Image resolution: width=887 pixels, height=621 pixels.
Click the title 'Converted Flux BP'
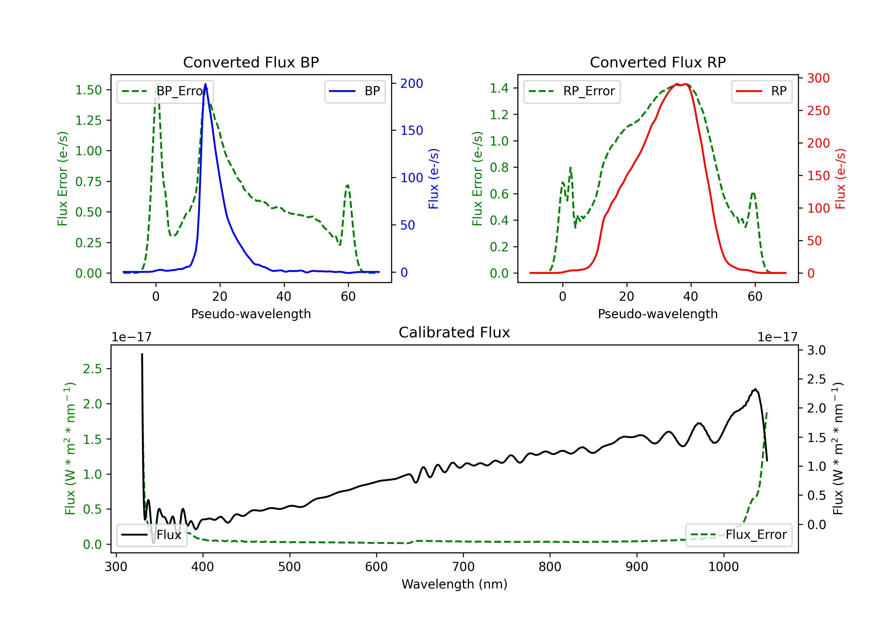(x=251, y=62)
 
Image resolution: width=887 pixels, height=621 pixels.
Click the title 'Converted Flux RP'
(x=658, y=62)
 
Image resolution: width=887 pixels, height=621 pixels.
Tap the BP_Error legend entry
(x=165, y=91)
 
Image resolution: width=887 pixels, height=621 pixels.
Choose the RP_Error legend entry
(x=572, y=91)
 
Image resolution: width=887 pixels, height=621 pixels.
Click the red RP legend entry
(x=761, y=91)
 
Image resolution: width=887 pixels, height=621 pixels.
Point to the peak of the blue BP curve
(x=205, y=84)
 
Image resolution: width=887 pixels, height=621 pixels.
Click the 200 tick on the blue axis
(x=412, y=83)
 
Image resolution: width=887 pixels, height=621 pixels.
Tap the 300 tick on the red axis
(x=818, y=78)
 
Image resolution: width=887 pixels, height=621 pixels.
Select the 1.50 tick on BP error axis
(x=88, y=90)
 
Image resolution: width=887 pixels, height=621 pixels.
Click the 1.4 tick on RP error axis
(x=499, y=88)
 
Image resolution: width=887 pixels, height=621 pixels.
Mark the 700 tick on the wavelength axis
(x=463, y=567)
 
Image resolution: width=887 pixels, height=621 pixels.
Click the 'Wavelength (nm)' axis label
(x=454, y=584)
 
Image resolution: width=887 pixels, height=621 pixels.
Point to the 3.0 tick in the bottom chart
(x=816, y=350)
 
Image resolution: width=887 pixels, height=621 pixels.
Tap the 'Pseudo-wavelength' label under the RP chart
(x=658, y=314)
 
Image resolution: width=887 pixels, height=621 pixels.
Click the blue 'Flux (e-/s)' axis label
(x=433, y=179)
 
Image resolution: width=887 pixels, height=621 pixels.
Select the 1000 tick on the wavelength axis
(x=723, y=567)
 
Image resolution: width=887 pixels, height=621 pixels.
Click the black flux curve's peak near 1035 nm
(x=755, y=389)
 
